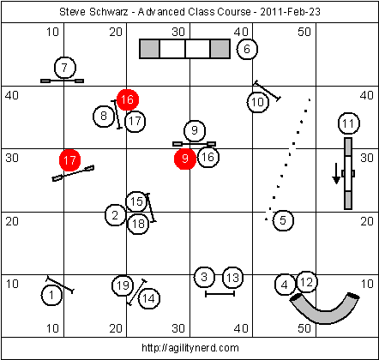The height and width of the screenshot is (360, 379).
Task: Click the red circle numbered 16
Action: click(128, 99)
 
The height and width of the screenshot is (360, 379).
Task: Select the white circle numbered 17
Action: click(135, 122)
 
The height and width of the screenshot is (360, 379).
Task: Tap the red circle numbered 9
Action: click(185, 159)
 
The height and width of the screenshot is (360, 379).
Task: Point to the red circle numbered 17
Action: click(69, 160)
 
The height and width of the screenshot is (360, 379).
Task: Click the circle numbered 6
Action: click(247, 49)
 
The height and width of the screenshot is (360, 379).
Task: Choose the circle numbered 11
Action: click(349, 123)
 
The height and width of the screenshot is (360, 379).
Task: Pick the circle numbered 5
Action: click(283, 220)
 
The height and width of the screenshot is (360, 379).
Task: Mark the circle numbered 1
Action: click(51, 295)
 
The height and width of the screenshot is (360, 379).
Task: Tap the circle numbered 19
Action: click(123, 285)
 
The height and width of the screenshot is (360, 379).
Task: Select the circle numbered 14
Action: click(149, 298)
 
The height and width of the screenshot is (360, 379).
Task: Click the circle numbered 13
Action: click(232, 278)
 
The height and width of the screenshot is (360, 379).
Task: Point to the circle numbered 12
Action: click(307, 282)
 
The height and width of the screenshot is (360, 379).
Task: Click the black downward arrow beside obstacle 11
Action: click(336, 173)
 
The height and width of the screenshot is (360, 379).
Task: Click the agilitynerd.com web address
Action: click(190, 348)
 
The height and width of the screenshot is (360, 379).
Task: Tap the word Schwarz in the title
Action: click(108, 12)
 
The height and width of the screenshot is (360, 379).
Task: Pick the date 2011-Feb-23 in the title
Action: click(290, 12)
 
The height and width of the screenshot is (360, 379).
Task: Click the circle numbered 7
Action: click(65, 68)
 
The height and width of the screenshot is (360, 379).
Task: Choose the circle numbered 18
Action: click(138, 224)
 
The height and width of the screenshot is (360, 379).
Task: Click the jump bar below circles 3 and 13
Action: click(220, 294)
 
